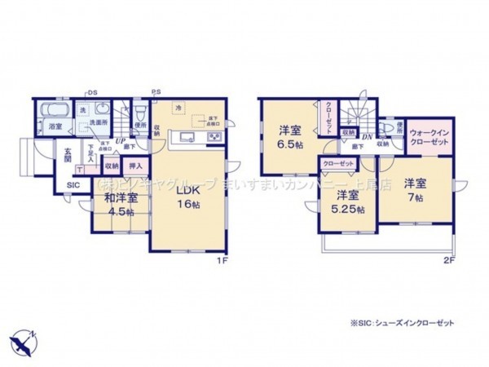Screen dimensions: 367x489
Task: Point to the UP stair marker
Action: click(120, 141)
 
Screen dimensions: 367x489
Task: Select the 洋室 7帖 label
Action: click(412, 190)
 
